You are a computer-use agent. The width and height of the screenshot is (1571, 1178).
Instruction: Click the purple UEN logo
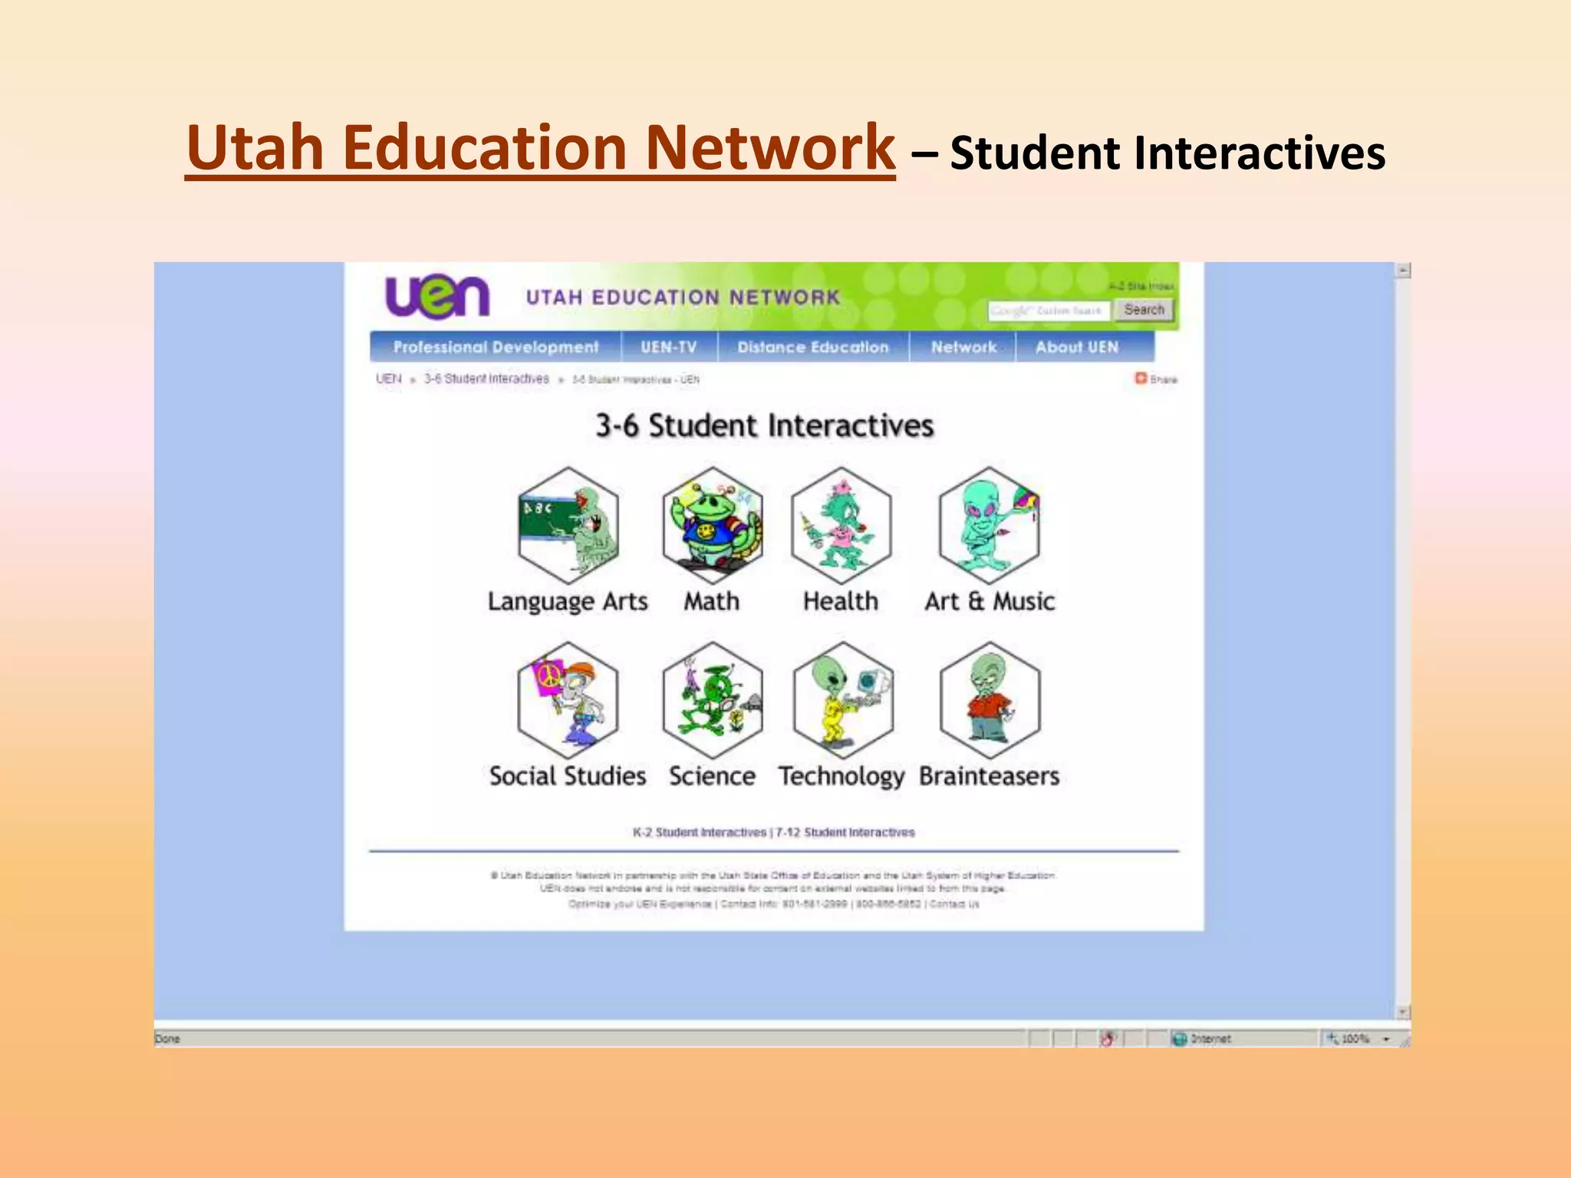[436, 297]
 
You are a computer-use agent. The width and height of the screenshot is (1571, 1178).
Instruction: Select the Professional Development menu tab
[496, 347]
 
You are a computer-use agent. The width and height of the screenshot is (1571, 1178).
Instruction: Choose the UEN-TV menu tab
[669, 347]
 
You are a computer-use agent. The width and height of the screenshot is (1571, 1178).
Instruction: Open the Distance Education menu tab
[813, 347]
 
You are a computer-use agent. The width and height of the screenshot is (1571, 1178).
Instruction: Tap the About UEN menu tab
[1077, 347]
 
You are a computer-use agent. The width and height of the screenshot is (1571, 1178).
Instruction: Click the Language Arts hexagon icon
[568, 526]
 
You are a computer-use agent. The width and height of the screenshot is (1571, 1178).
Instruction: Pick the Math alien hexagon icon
[713, 526]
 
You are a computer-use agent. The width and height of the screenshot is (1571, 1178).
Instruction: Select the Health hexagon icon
[841, 526]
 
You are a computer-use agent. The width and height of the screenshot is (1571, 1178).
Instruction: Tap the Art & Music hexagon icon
[990, 526]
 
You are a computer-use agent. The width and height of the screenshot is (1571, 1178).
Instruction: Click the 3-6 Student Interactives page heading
[765, 426]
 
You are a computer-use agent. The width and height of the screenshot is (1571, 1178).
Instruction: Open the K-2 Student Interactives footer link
[699, 832]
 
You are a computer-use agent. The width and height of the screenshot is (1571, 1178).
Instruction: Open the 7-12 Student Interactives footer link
[845, 832]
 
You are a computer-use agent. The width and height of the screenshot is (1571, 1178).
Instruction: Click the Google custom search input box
[1048, 311]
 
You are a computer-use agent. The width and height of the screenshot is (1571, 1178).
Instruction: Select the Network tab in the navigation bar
[963, 347]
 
